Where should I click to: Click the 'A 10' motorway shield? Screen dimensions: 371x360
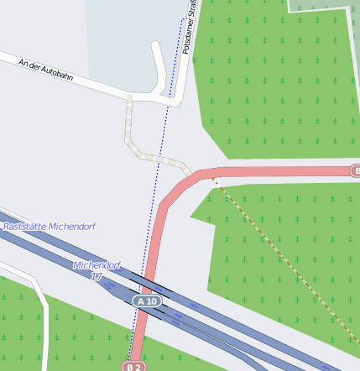point(147,300)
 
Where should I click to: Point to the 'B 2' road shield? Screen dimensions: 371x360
point(134,367)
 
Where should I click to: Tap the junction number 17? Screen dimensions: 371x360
point(97,276)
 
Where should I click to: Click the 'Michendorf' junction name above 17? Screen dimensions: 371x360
point(97,265)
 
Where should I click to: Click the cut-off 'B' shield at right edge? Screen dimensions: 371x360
point(355,171)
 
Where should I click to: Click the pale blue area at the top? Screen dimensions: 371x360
point(126,34)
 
